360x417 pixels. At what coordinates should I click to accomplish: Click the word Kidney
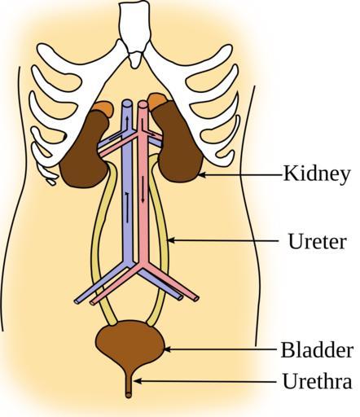point(317,174)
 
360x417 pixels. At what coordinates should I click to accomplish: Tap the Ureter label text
point(317,241)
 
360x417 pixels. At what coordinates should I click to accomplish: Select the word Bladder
point(317,350)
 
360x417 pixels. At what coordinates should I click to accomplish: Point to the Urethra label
point(317,381)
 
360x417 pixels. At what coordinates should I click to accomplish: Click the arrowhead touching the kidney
point(202,175)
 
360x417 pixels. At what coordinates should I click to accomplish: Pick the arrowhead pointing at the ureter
point(172,240)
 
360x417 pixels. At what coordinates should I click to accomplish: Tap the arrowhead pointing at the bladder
point(168,349)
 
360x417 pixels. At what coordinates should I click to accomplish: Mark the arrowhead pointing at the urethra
point(138,381)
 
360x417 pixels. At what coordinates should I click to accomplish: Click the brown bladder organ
point(130,343)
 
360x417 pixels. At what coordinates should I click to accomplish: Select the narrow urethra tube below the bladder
point(129,383)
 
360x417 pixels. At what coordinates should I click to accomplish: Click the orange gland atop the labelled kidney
point(156,100)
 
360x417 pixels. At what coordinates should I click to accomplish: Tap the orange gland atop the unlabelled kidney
point(103,108)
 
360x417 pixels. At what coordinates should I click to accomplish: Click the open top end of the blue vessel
point(127,103)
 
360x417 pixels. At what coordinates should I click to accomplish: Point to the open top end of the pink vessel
point(143,104)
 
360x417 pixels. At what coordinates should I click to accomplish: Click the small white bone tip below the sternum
point(135,60)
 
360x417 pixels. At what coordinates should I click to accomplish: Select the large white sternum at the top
point(135,27)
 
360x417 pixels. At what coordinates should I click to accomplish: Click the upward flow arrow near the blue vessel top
point(126,122)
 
